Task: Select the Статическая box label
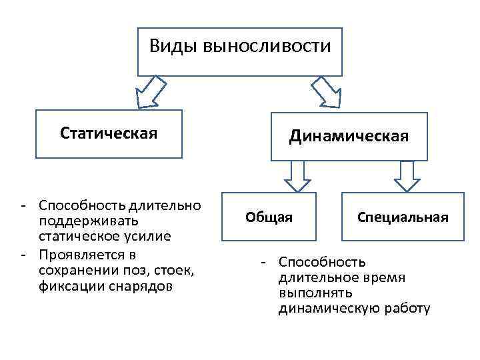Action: [109, 133]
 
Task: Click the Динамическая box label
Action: [349, 137]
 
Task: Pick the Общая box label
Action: [269, 217]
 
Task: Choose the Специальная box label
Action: [403, 217]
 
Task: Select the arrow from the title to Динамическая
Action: [327, 92]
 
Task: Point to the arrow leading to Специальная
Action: [406, 177]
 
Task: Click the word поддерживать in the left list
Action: [79, 220]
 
